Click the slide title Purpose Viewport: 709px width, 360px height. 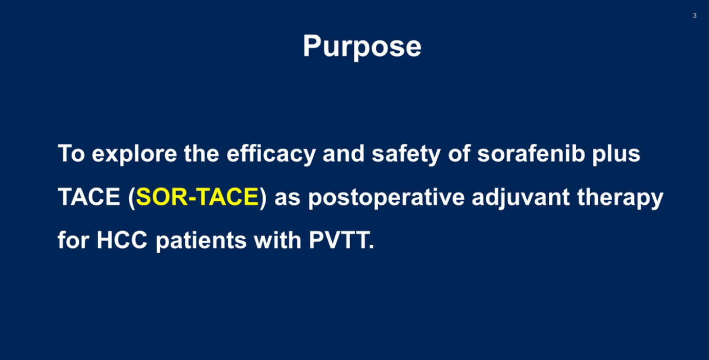tap(362, 47)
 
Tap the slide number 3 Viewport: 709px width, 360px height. tap(695, 15)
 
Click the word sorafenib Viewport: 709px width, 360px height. tap(531, 154)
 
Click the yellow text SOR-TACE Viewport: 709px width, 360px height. tap(198, 197)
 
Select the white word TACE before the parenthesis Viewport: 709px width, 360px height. tap(89, 197)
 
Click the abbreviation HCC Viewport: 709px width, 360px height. tap(122, 240)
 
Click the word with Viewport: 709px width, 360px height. tap(277, 240)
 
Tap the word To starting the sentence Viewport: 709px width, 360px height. tap(72, 154)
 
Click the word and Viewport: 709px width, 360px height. tap(343, 154)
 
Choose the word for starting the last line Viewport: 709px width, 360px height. tap(73, 240)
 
